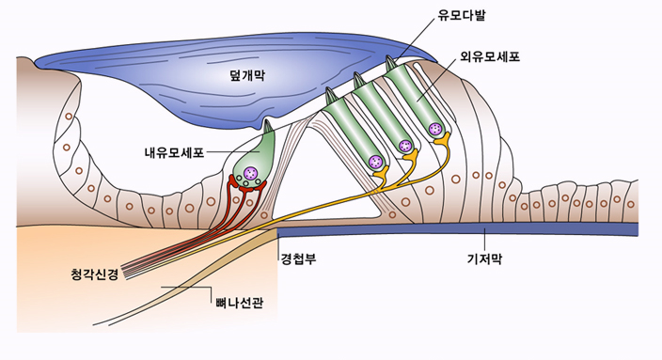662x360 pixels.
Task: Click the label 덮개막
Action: (x=247, y=75)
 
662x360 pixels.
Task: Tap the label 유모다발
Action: (x=462, y=16)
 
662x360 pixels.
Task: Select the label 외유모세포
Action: (x=490, y=56)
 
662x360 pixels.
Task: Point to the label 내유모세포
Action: (x=174, y=152)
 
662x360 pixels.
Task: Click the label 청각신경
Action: (x=95, y=274)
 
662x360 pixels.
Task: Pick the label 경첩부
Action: (x=298, y=258)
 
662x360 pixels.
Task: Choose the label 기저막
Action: (x=484, y=258)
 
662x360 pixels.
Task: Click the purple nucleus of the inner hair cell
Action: (x=251, y=173)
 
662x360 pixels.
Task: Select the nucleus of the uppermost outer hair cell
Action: (x=434, y=129)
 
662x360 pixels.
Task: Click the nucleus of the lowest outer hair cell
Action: (x=376, y=162)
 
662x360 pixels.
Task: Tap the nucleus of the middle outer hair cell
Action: (x=405, y=146)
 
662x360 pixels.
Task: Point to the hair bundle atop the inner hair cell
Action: (x=268, y=125)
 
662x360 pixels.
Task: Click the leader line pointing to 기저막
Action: (x=484, y=240)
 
